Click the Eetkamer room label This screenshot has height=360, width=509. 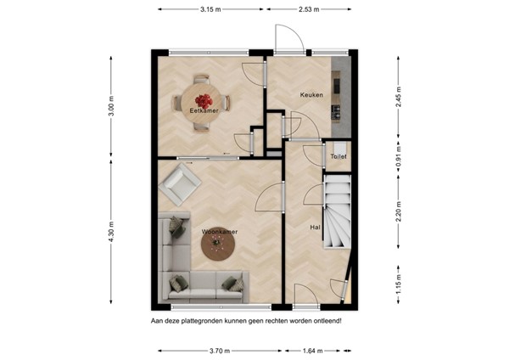click(204, 110)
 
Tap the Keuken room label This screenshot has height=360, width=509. click(311, 95)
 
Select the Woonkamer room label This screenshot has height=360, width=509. click(218, 231)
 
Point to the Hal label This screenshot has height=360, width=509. click(315, 227)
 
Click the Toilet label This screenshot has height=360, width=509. click(338, 157)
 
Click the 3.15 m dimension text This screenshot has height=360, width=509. click(212, 9)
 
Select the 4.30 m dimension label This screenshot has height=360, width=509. click(111, 231)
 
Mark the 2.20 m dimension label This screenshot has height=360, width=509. click(400, 211)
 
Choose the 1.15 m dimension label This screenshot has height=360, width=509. click(400, 279)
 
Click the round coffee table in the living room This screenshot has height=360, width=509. click(218, 245)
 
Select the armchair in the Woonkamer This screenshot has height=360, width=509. click(182, 183)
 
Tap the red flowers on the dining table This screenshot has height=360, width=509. click(204, 100)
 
